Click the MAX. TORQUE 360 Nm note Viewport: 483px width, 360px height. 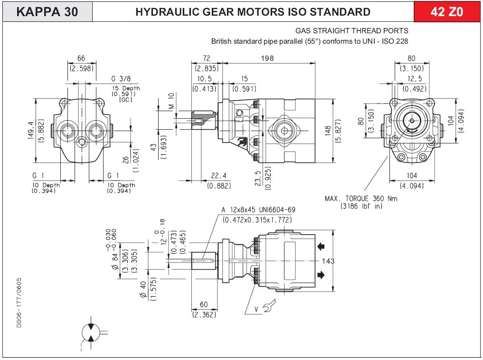tap(361, 199)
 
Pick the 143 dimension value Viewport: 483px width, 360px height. tap(328, 261)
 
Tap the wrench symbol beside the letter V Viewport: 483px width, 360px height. tap(268, 308)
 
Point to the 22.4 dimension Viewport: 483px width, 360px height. tap(218, 176)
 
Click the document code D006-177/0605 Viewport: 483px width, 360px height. tap(19, 302)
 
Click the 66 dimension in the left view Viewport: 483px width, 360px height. tap(81, 58)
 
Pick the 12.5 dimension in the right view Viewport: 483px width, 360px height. tap(414, 78)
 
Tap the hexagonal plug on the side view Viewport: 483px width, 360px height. tap(284, 132)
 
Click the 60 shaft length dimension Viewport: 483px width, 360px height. tap(204, 305)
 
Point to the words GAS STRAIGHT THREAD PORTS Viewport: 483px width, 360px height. tap(351, 31)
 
